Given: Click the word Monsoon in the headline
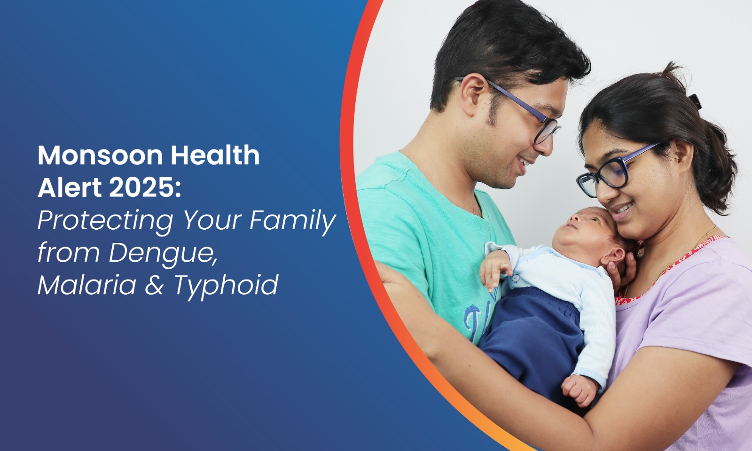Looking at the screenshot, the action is point(101,155).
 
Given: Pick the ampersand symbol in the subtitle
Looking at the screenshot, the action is point(155,285).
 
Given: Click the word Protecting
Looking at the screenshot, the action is point(105,221).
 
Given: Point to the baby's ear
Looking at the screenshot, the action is point(614,258).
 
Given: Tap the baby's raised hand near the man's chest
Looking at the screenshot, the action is point(495,270).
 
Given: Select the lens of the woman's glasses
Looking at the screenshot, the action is point(614,172).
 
